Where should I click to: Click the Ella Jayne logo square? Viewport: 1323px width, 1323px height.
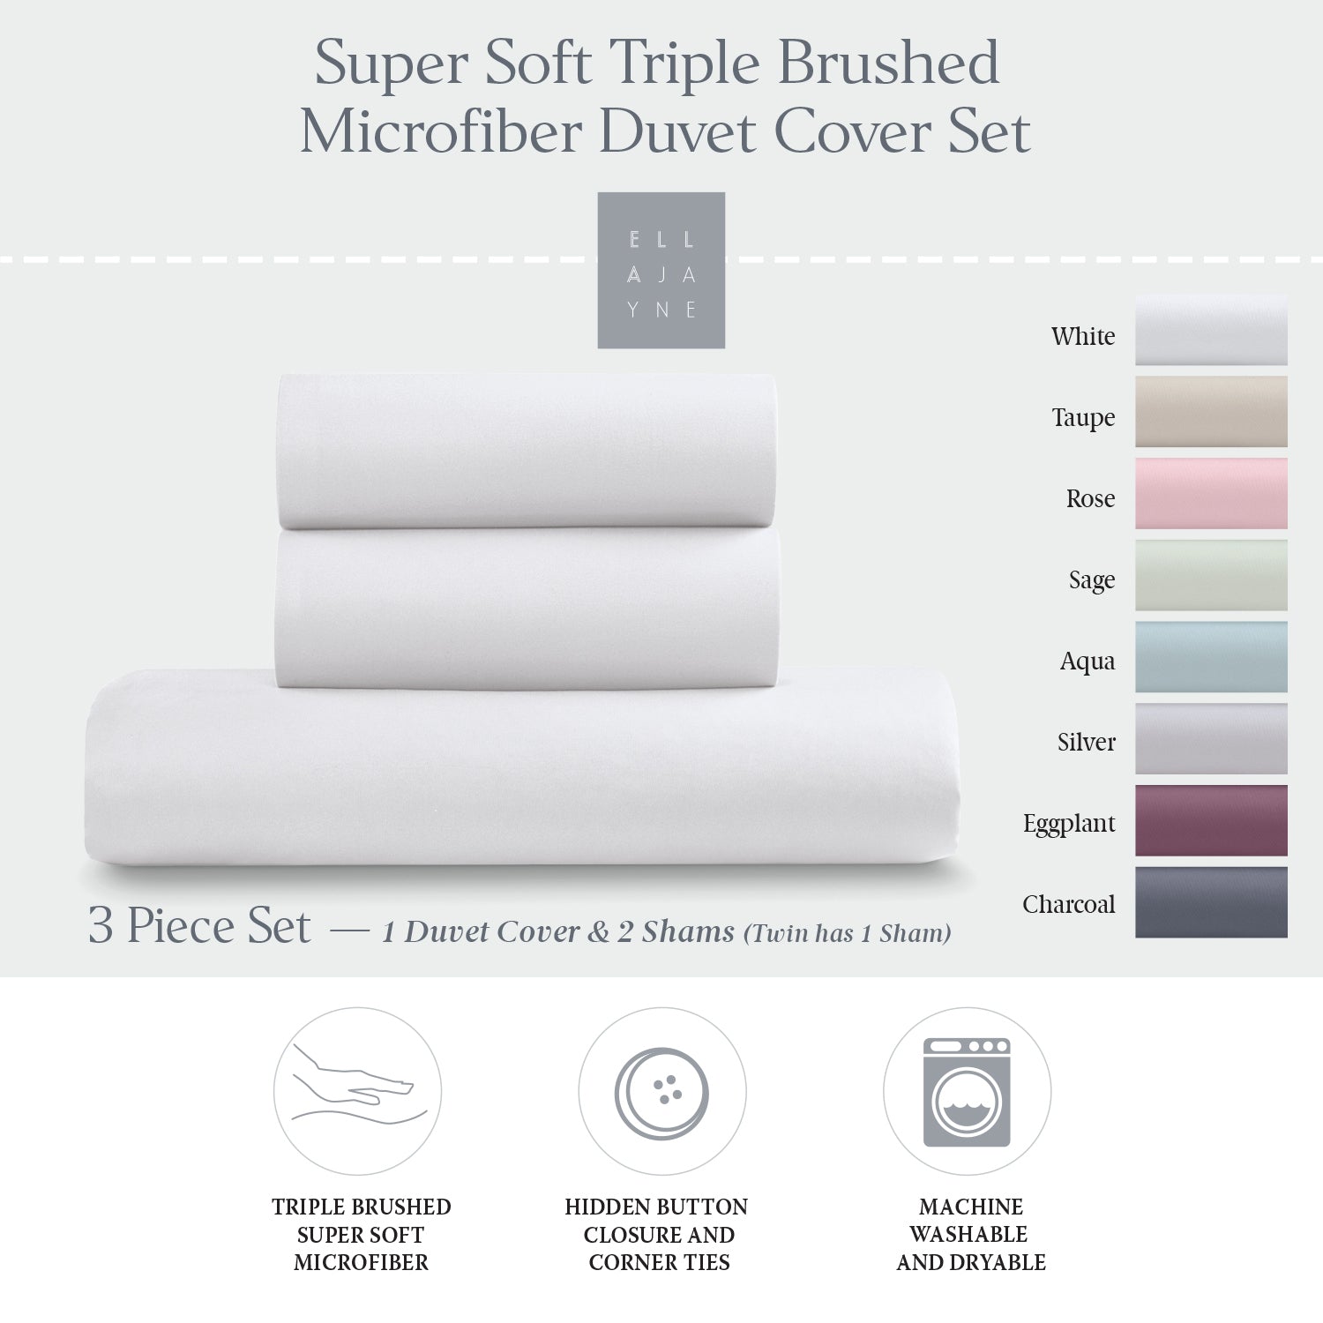(661, 270)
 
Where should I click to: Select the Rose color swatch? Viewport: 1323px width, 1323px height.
(1211, 493)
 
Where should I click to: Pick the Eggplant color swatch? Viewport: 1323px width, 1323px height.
(1211, 820)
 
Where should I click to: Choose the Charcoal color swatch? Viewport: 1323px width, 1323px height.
(1211, 902)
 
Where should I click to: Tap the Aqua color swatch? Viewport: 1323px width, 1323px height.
(1211, 657)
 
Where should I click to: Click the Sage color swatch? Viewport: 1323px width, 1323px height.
(1211, 575)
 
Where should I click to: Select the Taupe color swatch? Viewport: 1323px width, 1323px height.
(1211, 412)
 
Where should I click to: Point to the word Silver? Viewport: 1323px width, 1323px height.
(1086, 742)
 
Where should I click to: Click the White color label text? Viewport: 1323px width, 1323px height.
(1082, 336)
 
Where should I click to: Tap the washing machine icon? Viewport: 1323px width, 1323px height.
(967, 1092)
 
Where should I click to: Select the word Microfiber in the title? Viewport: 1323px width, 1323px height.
(441, 132)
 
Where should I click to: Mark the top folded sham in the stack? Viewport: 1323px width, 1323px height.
(527, 451)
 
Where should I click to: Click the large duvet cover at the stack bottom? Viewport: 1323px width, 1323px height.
(522, 767)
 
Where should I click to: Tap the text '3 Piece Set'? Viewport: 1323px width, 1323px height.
(199, 926)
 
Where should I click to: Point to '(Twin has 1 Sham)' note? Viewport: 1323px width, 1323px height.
(848, 933)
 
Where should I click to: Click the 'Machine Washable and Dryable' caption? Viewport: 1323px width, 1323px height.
(970, 1234)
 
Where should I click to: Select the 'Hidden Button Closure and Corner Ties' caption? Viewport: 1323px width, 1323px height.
(658, 1234)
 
